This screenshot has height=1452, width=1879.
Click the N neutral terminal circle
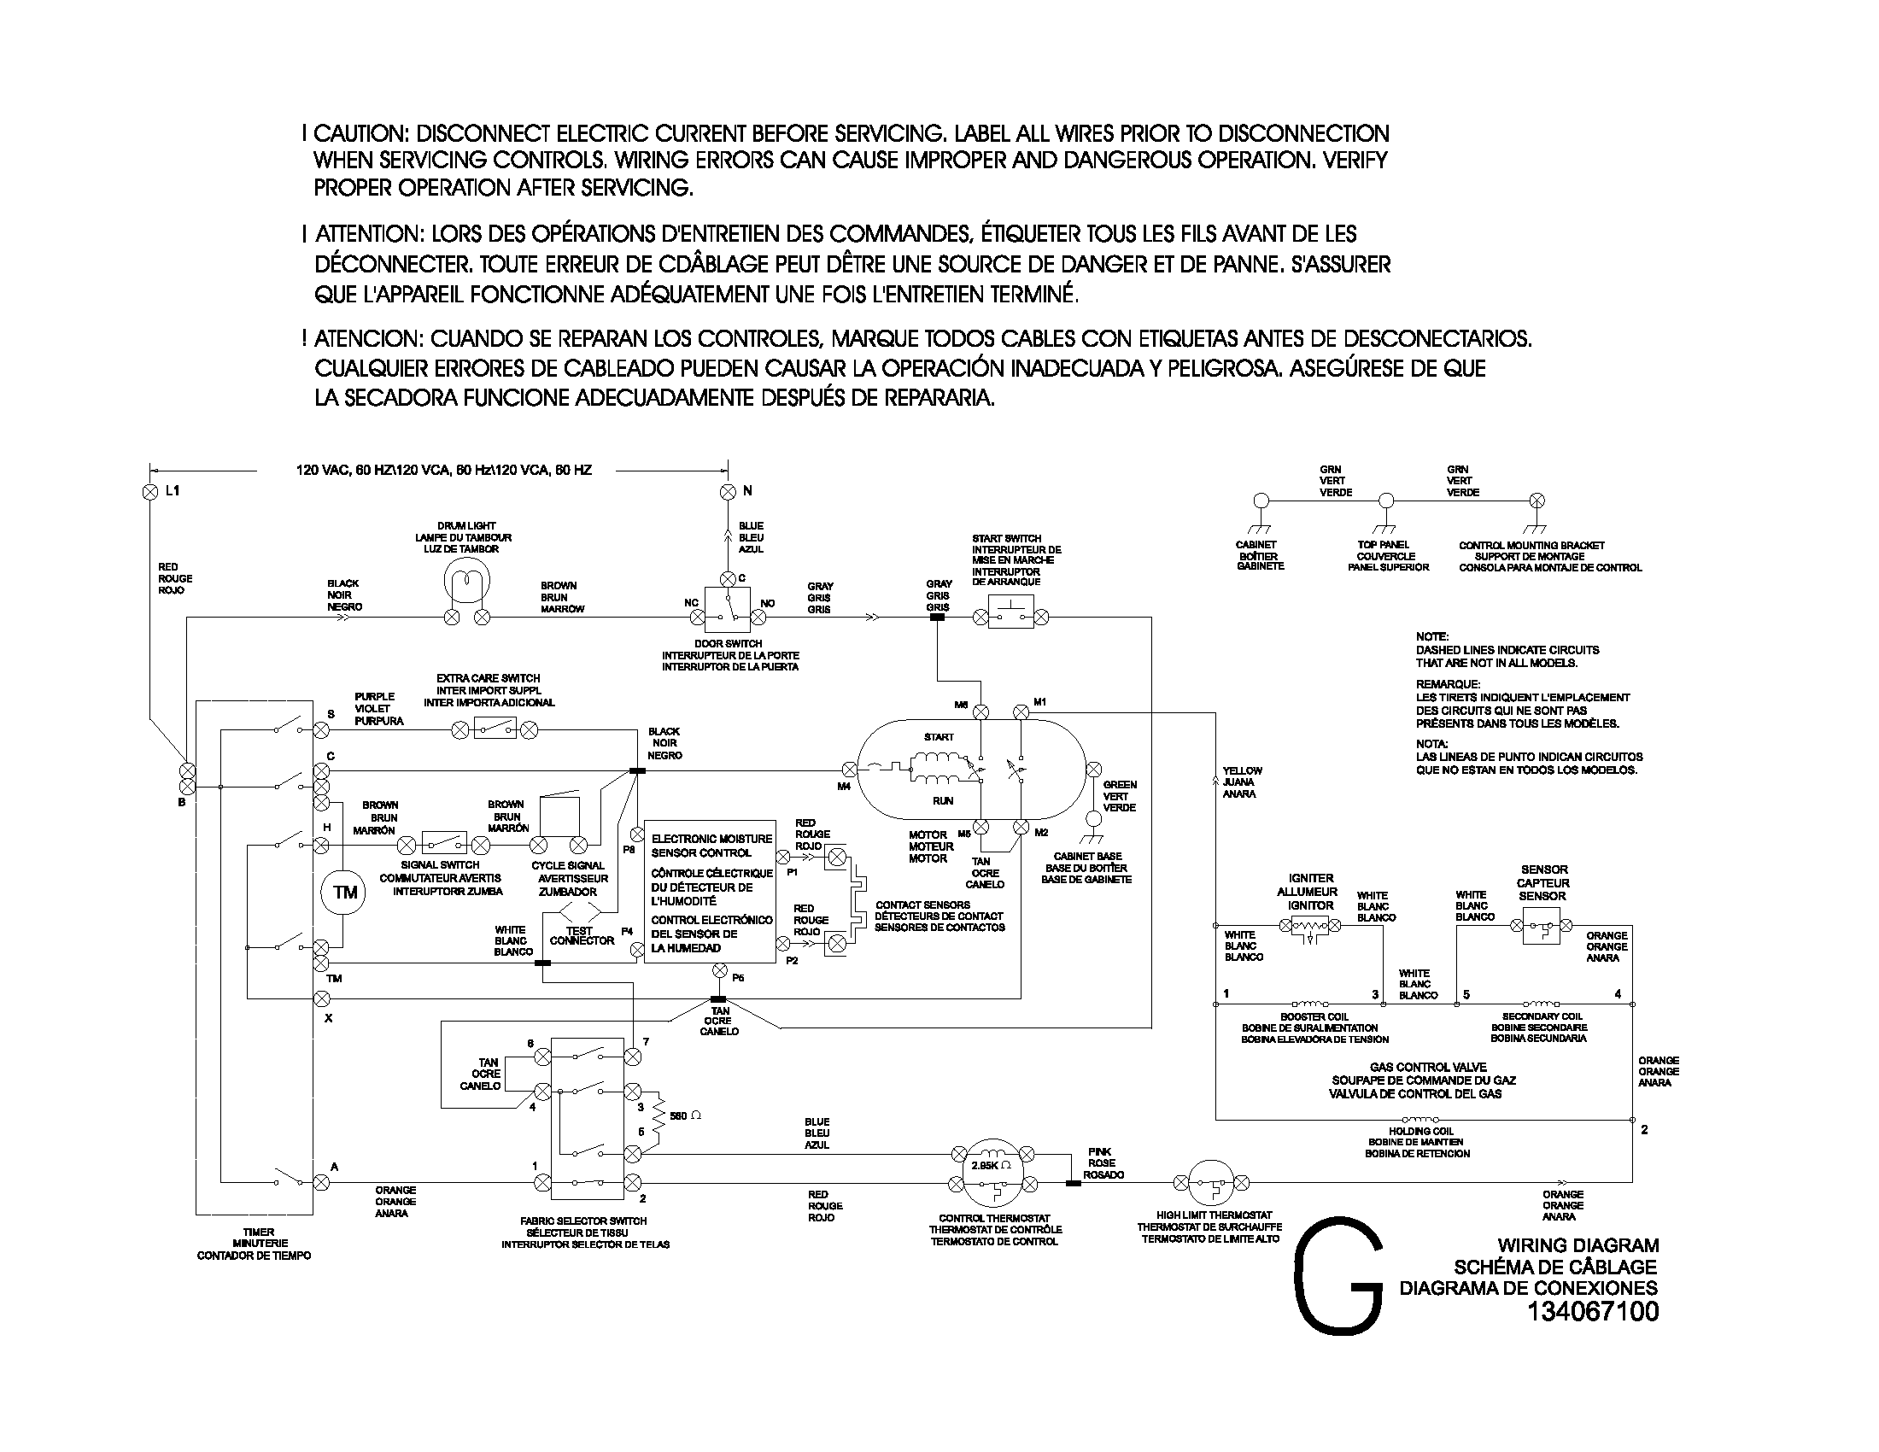(x=727, y=491)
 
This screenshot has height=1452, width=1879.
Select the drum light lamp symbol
(x=466, y=583)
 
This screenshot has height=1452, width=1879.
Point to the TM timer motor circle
(x=344, y=893)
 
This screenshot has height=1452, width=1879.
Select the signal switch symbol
(x=445, y=841)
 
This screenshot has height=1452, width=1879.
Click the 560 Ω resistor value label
(x=686, y=1115)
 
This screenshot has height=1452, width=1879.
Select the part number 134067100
(x=1593, y=1311)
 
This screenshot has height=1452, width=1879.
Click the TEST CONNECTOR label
(x=582, y=936)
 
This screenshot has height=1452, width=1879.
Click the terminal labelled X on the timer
(x=321, y=998)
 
